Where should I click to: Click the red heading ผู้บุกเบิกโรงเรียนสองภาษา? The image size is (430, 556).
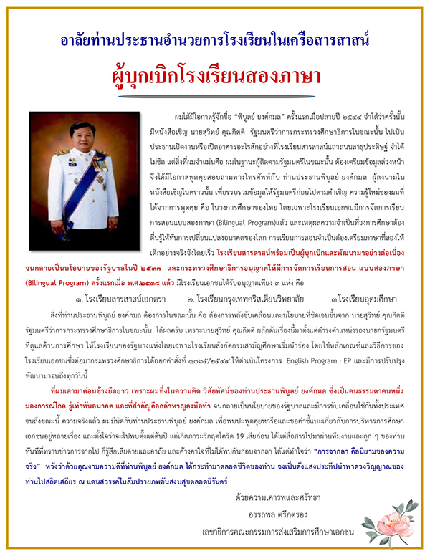214,73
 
